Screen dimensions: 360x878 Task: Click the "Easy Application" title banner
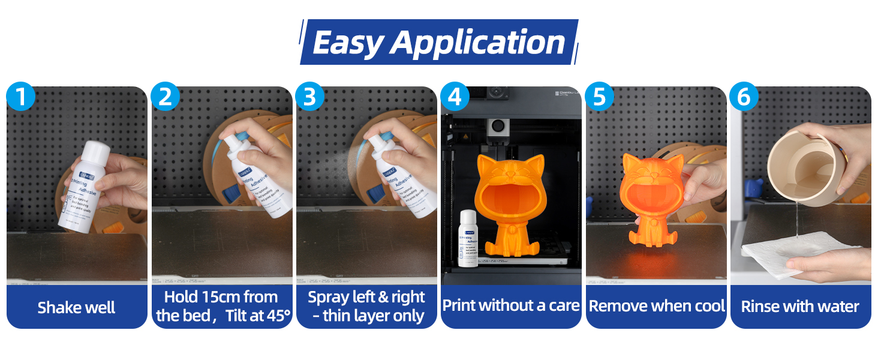tap(438, 42)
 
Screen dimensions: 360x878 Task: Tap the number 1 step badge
tap(21, 97)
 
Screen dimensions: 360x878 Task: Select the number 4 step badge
tap(455, 97)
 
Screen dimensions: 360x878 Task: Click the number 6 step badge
tap(744, 97)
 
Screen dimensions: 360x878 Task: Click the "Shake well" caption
tap(77, 308)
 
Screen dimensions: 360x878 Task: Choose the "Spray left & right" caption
tap(366, 297)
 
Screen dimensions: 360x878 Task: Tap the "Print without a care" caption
tap(511, 305)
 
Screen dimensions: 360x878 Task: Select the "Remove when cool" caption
tap(657, 306)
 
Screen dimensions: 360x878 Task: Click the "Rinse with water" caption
tap(800, 307)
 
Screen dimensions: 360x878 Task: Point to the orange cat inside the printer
tap(510, 204)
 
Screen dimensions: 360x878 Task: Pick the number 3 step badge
tap(310, 97)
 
